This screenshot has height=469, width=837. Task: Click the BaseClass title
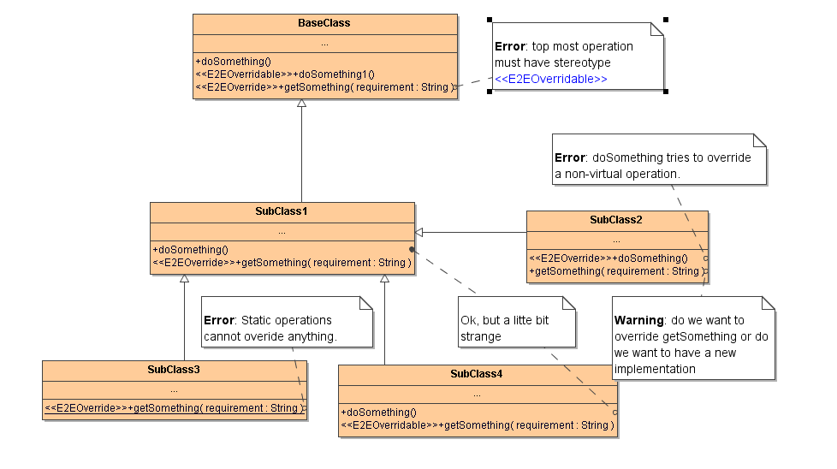(x=324, y=23)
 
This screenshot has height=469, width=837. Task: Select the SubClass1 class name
(x=282, y=211)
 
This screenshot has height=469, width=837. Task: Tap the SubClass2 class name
(x=616, y=220)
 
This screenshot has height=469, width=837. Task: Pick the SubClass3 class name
(x=174, y=370)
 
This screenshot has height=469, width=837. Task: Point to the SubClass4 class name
(x=477, y=374)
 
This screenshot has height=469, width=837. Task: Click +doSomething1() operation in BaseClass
(x=284, y=74)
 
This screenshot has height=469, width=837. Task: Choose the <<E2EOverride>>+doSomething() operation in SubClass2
(x=608, y=258)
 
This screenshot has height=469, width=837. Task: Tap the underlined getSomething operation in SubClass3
(x=174, y=408)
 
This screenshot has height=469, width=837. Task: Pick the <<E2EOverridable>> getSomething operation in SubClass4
(x=477, y=425)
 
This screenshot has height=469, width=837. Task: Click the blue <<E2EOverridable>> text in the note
(x=551, y=79)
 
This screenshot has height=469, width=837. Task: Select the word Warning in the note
(x=638, y=320)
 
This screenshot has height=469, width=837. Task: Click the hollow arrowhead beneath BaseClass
(x=301, y=104)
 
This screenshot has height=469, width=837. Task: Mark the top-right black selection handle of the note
(x=665, y=19)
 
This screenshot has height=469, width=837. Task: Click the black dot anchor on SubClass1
(x=412, y=249)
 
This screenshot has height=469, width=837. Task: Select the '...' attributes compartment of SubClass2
(x=616, y=240)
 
